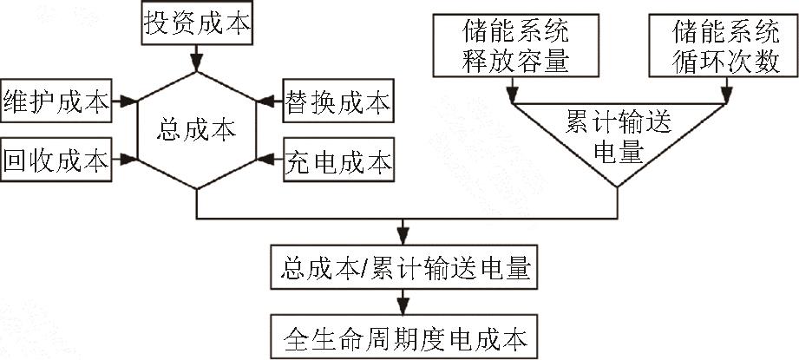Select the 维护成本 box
tap(56, 101)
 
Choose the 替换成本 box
tap(338, 101)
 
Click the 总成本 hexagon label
tap(197, 130)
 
